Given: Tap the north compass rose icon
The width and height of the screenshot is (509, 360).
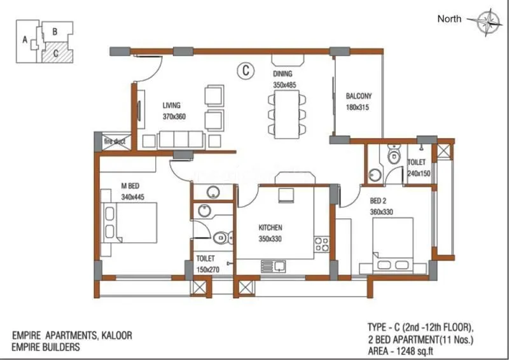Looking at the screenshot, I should coord(489,20).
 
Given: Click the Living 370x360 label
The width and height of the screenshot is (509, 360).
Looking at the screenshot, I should coord(172,111).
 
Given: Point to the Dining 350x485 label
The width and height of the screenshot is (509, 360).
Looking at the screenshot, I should coord(284,80).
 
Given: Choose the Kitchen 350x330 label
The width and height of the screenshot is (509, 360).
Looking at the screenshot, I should coord(270,233).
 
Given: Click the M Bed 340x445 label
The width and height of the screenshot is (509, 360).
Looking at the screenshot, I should coord(130,191).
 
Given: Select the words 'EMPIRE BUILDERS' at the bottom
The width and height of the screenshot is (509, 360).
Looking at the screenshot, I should coord(46,348).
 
